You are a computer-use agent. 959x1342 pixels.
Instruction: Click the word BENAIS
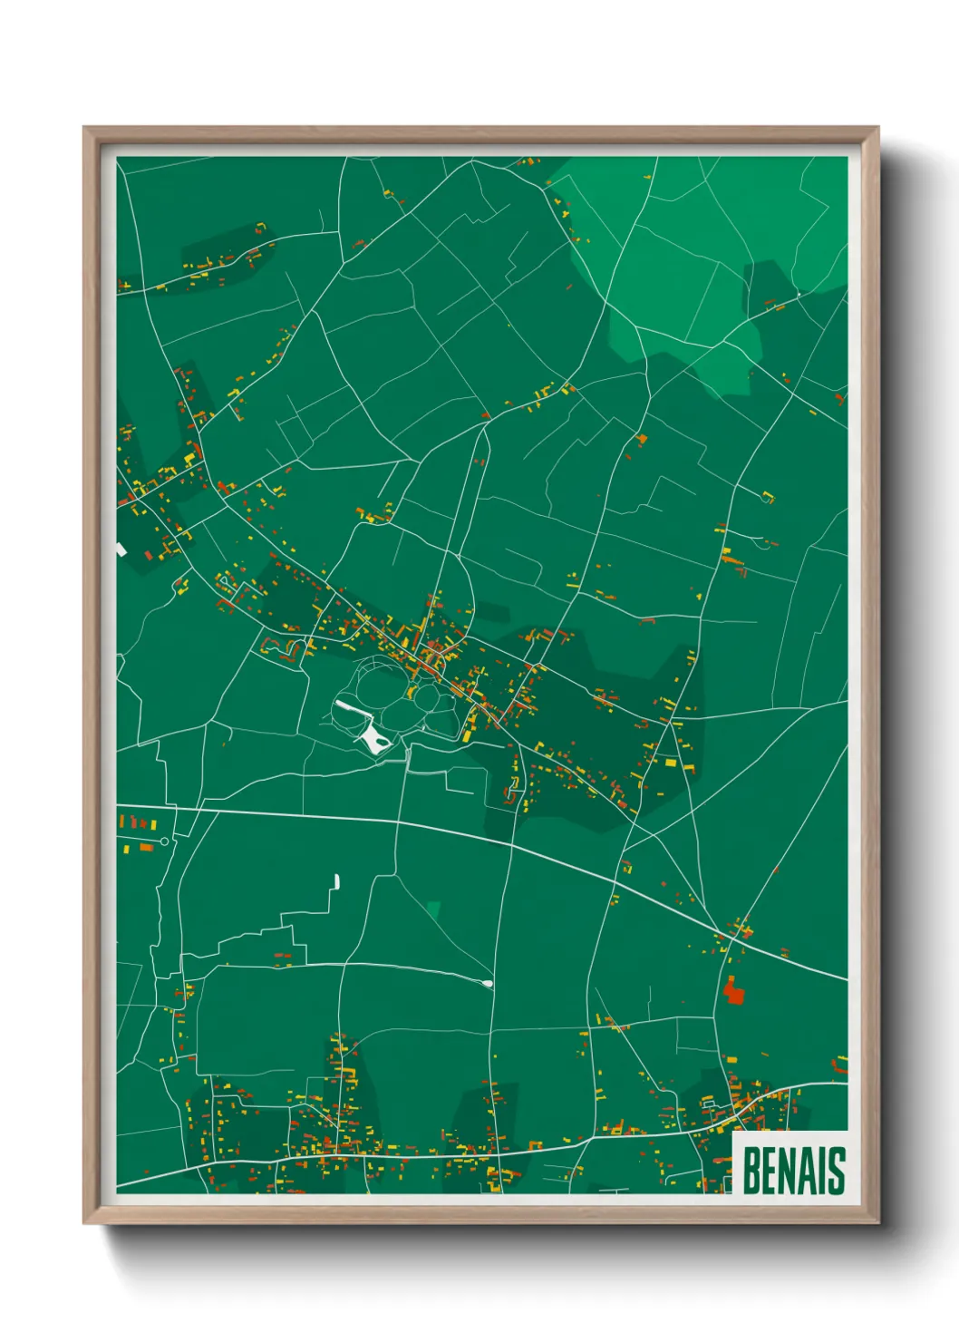[793, 1170]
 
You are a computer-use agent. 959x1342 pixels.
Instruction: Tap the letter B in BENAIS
[752, 1170]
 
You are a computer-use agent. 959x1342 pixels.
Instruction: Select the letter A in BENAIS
[804, 1170]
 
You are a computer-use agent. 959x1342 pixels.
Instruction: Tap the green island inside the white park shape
[383, 743]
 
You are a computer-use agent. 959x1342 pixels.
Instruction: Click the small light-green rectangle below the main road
[433, 909]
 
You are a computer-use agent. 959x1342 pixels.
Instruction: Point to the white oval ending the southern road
[488, 983]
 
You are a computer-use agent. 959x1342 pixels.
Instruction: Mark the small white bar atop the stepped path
[337, 880]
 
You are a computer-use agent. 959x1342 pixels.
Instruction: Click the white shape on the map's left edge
[120, 549]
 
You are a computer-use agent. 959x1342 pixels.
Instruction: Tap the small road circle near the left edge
[164, 841]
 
